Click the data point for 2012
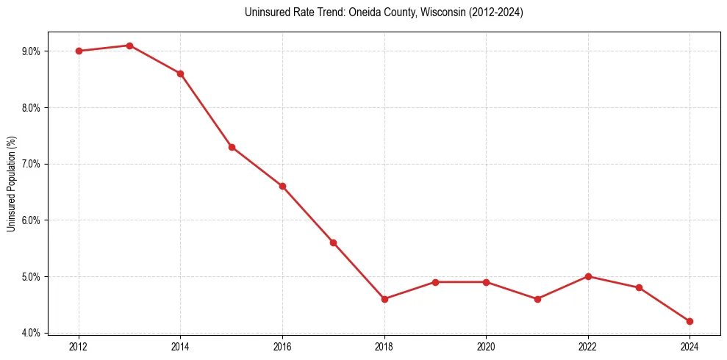pos(79,51)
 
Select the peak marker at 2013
pos(129,46)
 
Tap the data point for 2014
pos(180,73)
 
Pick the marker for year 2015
pos(232,147)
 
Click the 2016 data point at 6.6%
pos(282,186)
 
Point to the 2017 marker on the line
pos(333,242)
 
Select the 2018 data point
pos(384,299)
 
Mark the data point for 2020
pos(486,282)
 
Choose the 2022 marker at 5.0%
pos(588,276)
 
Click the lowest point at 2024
pos(690,321)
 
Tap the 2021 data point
pos(537,299)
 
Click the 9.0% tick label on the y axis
pos(32,51)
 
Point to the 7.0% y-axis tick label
pos(32,164)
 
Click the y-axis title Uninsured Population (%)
pos(11,184)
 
